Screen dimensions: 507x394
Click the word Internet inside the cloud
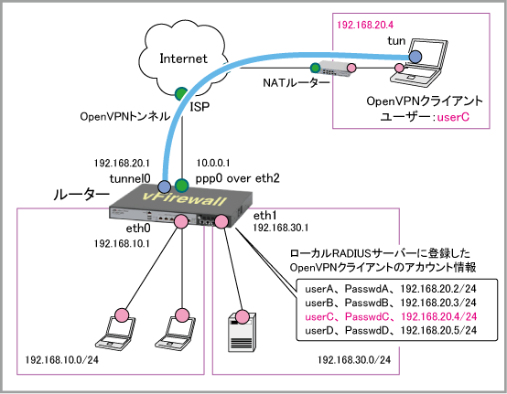183,59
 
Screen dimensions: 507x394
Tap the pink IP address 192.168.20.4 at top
365,25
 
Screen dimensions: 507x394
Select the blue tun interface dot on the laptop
415,57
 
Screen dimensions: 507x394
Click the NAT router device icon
334,69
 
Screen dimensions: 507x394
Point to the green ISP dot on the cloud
181,93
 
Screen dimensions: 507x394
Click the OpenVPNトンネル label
124,116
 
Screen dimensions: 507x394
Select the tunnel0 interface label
130,178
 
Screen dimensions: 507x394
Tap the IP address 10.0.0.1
213,163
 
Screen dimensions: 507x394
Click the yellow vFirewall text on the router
185,198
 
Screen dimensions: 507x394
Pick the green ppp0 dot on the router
181,186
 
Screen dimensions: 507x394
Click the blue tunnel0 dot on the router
164,186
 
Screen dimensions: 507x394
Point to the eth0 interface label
138,229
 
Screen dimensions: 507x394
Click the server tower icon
242,332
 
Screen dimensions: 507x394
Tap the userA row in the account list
391,289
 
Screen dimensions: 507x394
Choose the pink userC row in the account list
391,316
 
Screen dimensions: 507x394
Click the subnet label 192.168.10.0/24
61,359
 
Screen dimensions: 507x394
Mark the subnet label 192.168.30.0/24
354,359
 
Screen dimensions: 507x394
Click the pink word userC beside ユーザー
453,117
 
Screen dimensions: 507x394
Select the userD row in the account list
391,330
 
